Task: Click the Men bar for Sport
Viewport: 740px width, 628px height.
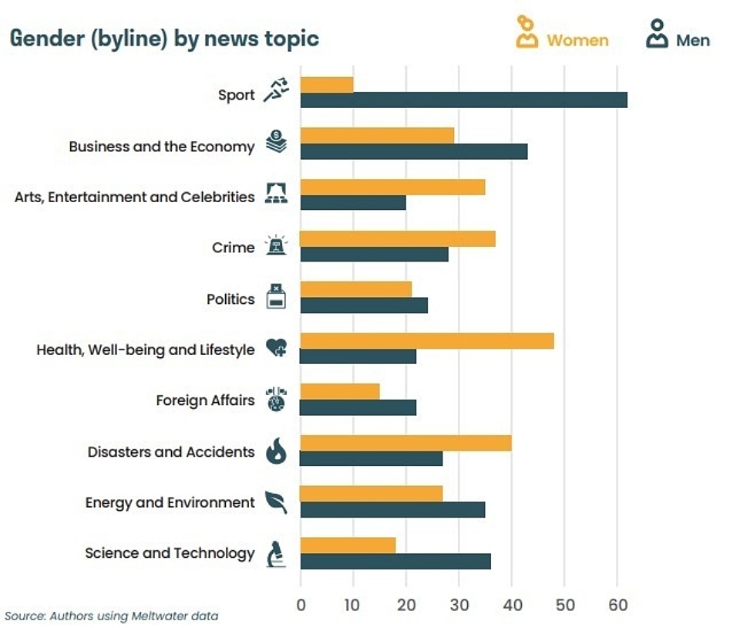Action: pos(463,100)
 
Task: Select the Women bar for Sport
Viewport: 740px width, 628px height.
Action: pos(327,84)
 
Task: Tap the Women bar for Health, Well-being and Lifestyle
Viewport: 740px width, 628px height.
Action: pos(426,341)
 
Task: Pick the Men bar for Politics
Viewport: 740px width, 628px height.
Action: pos(364,305)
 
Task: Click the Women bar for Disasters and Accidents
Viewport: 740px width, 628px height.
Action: pos(405,443)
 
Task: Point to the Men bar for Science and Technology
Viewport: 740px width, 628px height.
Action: pos(395,561)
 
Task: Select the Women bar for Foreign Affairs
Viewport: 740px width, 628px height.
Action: pos(340,391)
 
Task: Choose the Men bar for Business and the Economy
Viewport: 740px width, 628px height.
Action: pos(414,151)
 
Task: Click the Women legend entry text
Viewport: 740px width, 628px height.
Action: pos(577,40)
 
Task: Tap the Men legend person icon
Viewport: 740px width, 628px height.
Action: pos(657,34)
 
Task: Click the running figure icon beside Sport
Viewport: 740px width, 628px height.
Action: pos(275,90)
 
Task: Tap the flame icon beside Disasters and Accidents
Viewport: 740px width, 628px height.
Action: pos(275,451)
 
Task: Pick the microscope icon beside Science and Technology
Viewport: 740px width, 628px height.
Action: pos(275,553)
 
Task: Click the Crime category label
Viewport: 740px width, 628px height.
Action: pos(233,248)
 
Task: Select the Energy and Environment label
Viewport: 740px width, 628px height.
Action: pos(170,502)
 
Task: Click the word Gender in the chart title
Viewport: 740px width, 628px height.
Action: pos(44,39)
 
